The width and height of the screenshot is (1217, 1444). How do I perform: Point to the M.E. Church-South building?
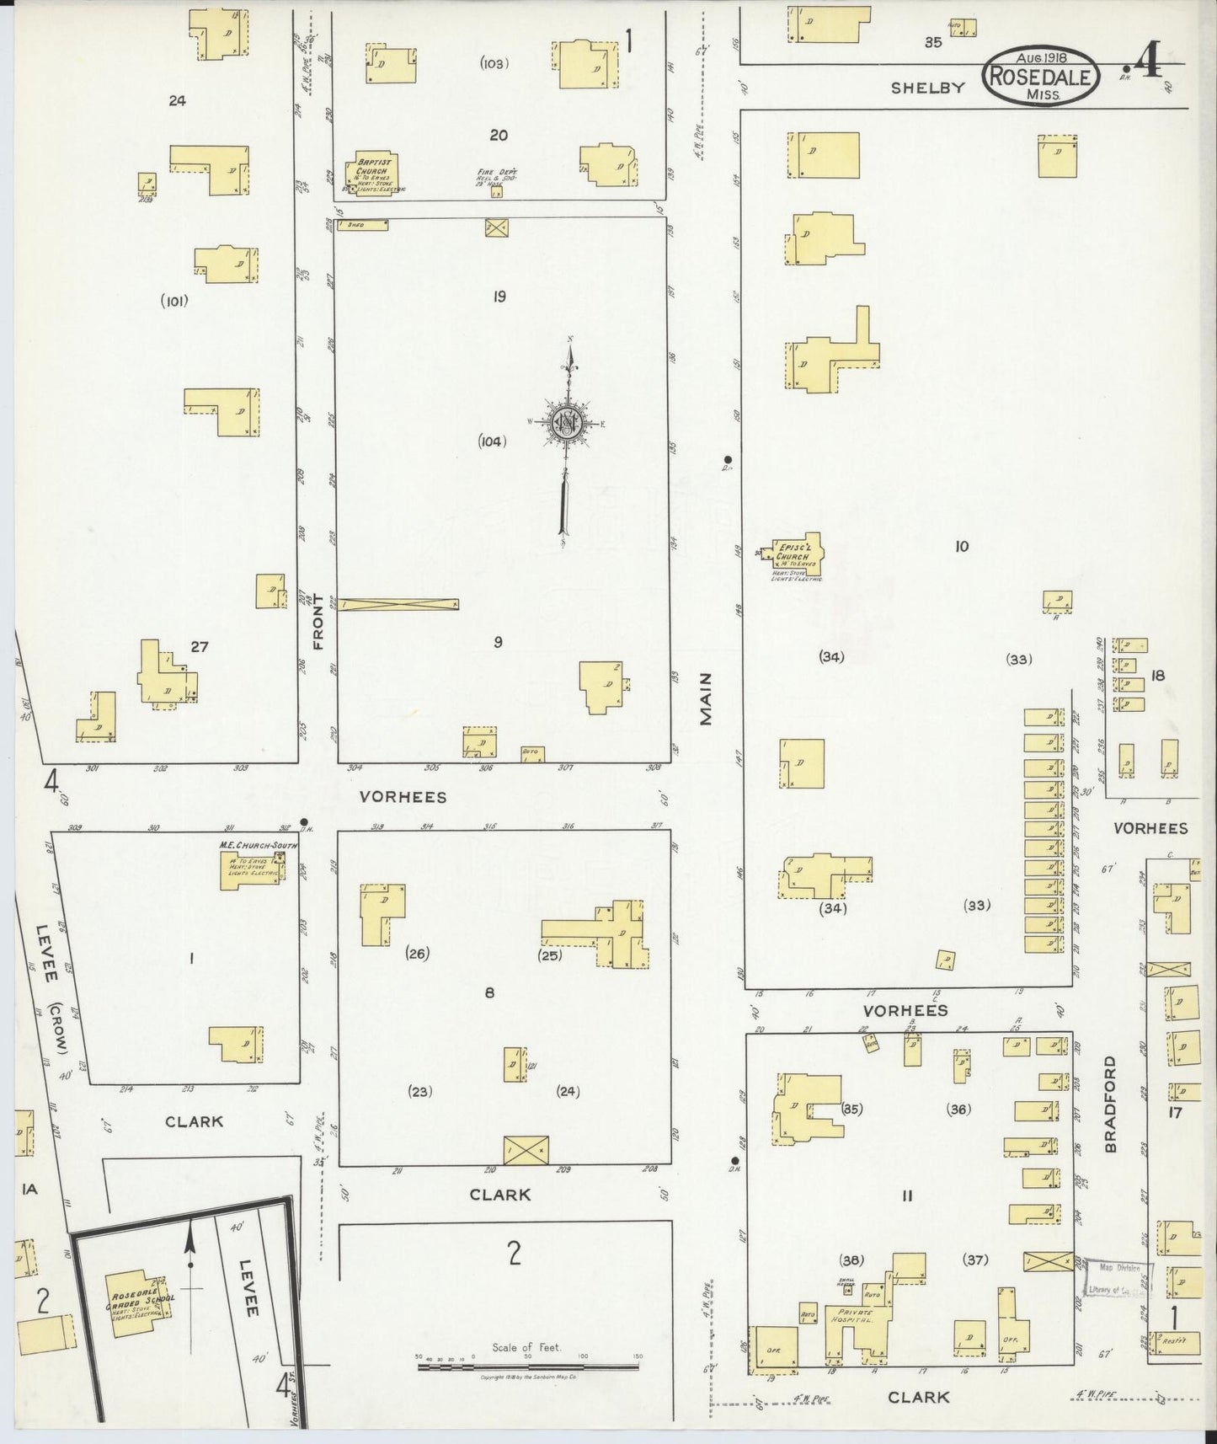point(251,867)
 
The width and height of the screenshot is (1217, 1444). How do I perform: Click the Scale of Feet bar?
point(528,1366)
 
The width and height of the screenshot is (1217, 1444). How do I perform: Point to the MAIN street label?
point(706,698)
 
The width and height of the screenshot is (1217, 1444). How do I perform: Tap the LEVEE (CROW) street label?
point(51,986)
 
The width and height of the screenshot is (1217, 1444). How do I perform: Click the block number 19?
point(499,297)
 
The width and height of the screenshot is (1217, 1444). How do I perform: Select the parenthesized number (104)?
point(492,441)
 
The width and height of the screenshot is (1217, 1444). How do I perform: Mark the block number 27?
point(199,647)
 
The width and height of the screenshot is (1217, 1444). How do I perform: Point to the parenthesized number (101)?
point(174,301)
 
